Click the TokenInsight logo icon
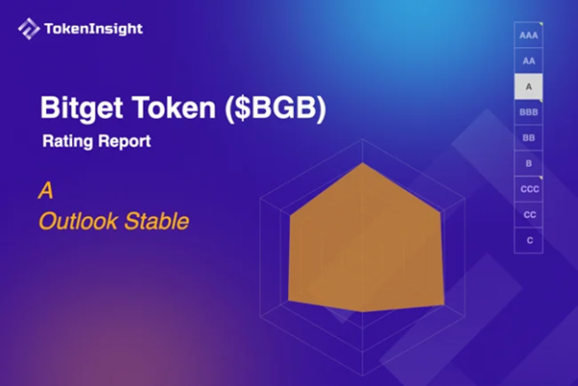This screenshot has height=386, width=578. click(x=29, y=29)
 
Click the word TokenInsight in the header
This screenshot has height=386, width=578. click(x=93, y=29)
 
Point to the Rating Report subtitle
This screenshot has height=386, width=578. click(x=96, y=141)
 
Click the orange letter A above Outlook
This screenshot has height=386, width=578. click(x=44, y=191)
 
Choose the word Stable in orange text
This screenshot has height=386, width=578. click(x=157, y=222)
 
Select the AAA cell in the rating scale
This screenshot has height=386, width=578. click(x=529, y=35)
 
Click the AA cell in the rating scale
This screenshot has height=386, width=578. click(x=529, y=61)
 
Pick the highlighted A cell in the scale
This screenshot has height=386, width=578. click(x=529, y=87)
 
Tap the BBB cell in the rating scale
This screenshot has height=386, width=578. click(x=529, y=113)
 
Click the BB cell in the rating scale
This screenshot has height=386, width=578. click(x=529, y=138)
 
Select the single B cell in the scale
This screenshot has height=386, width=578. click(x=529, y=164)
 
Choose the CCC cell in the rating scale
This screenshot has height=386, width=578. click(x=529, y=189)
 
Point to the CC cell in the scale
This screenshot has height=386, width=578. click(x=529, y=214)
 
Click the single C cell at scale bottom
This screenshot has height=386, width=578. click(x=529, y=239)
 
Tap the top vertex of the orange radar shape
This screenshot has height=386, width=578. click(x=362, y=163)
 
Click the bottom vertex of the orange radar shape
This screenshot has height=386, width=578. click(x=362, y=314)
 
